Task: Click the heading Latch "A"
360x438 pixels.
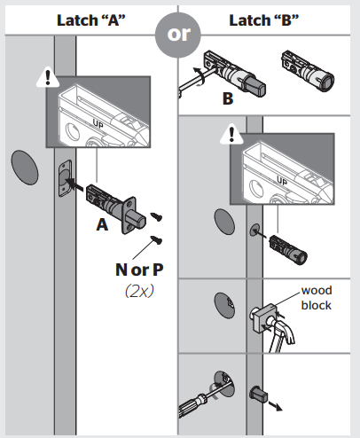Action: (x=90, y=20)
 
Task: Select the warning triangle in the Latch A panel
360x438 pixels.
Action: (x=42, y=78)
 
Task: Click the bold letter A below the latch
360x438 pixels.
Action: (x=104, y=225)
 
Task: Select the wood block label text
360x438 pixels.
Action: (x=316, y=297)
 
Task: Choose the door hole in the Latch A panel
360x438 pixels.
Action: (x=24, y=167)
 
